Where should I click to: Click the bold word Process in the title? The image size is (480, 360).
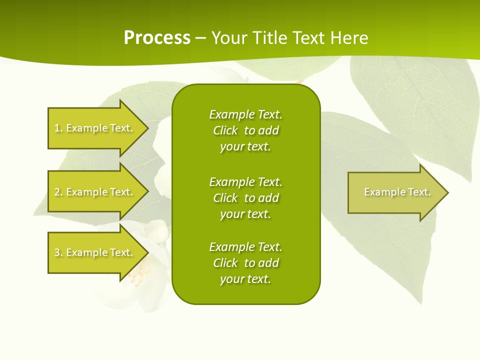[x=157, y=38]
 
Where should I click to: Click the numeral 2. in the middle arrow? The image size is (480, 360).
[x=58, y=192]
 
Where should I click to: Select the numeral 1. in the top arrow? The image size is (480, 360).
[x=58, y=128]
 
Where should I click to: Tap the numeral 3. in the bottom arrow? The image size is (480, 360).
[x=58, y=252]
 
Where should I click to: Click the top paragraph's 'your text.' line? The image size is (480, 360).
[x=245, y=147]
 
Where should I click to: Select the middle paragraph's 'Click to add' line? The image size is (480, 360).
[x=245, y=198]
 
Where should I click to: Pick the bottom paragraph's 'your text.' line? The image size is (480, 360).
[x=245, y=279]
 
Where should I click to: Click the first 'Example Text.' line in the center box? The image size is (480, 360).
[x=245, y=114]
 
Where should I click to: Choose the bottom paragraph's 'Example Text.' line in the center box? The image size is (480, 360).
[x=245, y=247]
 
